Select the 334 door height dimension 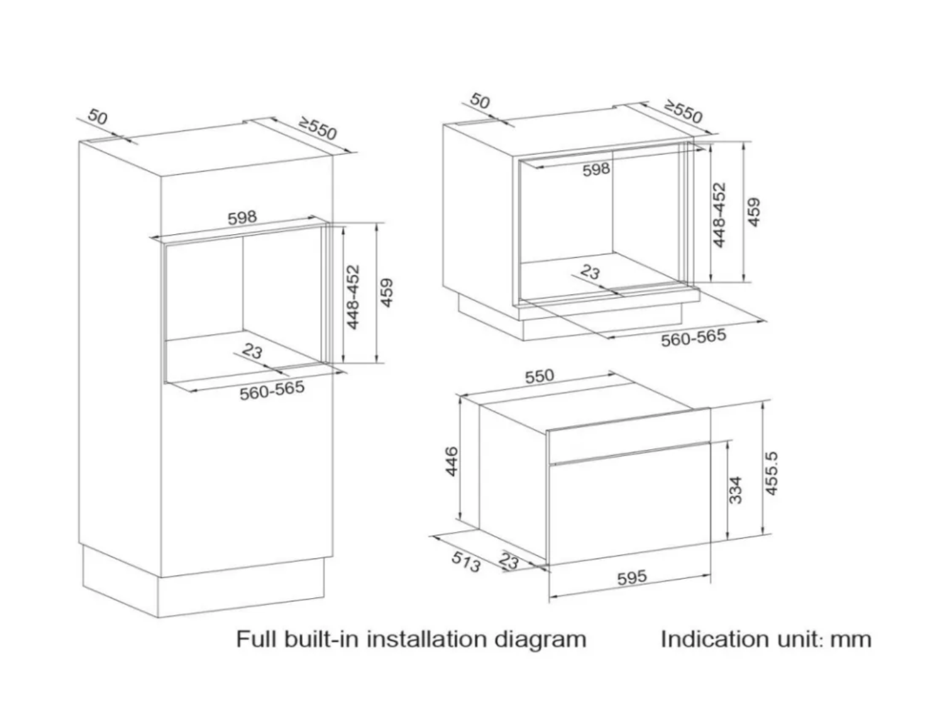pyautogui.click(x=735, y=490)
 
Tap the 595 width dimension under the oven pyautogui.click(x=632, y=578)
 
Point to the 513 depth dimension pyautogui.click(x=466, y=561)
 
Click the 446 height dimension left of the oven pyautogui.click(x=452, y=461)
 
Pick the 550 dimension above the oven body pyautogui.click(x=540, y=376)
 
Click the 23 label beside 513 pyautogui.click(x=509, y=561)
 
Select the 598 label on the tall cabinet pyautogui.click(x=242, y=217)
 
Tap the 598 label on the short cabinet pyautogui.click(x=596, y=169)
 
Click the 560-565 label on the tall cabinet pyautogui.click(x=272, y=390)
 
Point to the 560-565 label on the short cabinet pyautogui.click(x=693, y=337)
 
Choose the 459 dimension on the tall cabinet pyautogui.click(x=387, y=292)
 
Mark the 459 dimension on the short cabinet pyautogui.click(x=754, y=212)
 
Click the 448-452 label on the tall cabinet pyautogui.click(x=353, y=297)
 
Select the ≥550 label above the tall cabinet pyautogui.click(x=318, y=129)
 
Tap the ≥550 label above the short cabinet pyautogui.click(x=683, y=112)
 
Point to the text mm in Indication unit pyautogui.click(x=851, y=639)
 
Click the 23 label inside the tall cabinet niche pyautogui.click(x=252, y=351)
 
